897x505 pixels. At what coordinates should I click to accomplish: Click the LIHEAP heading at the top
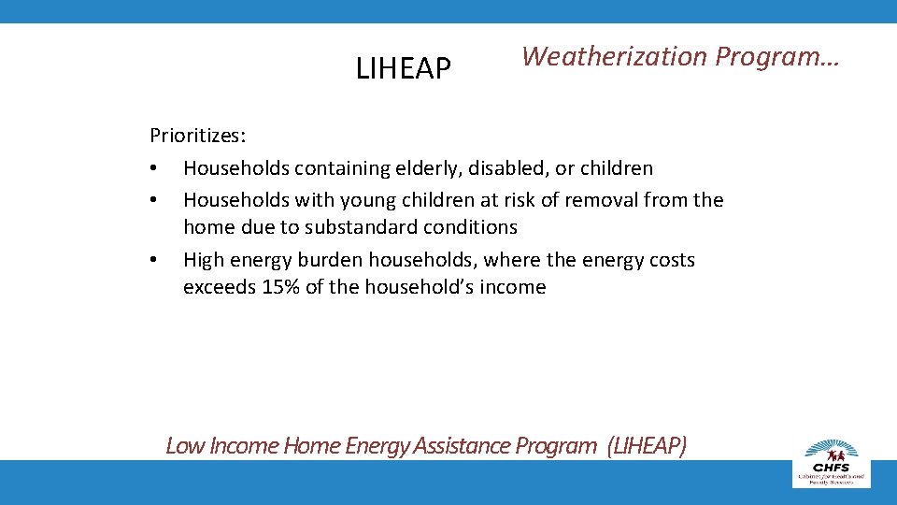404,68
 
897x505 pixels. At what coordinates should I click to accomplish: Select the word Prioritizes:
198,136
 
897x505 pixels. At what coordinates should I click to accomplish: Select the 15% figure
281,287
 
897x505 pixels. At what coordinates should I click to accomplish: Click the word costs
670,259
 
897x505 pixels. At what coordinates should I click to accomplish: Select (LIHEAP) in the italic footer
646,445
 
